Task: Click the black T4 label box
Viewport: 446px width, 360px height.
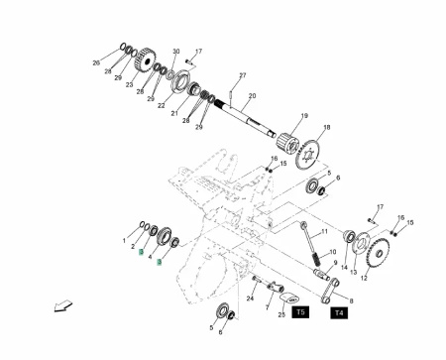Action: tap(339, 312)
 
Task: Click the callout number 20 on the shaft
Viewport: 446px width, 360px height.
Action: tap(252, 95)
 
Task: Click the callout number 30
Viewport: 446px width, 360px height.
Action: tap(176, 52)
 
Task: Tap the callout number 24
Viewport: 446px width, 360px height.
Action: tap(249, 297)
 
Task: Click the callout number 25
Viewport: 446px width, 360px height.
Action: tap(281, 312)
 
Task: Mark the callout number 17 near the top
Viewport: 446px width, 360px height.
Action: tap(198, 50)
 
